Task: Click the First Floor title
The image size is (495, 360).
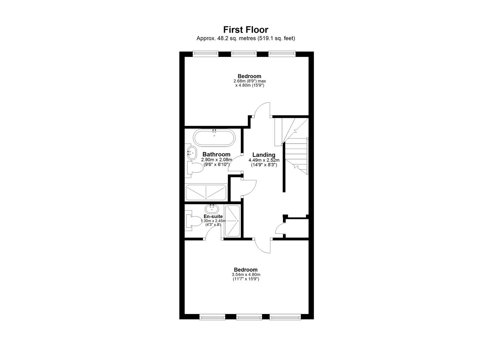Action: pyautogui.click(x=246, y=30)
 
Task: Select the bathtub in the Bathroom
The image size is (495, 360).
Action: pyautogui.click(x=214, y=138)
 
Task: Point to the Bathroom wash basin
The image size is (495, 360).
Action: pyautogui.click(x=190, y=153)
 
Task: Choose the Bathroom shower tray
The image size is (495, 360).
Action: pyautogui.click(x=206, y=192)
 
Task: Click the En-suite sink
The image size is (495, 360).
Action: pyautogui.click(x=212, y=209)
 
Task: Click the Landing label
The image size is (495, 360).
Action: pyautogui.click(x=264, y=155)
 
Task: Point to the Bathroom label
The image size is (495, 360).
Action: pyautogui.click(x=216, y=154)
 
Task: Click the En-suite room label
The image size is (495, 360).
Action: pyautogui.click(x=213, y=216)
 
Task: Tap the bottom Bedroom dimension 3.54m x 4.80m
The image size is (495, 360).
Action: pyautogui.click(x=246, y=275)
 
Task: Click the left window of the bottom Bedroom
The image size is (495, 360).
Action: pyautogui.click(x=212, y=317)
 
